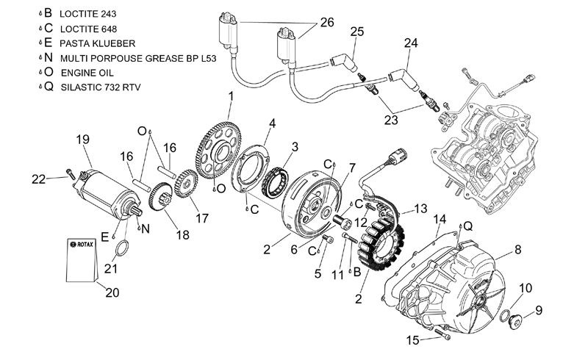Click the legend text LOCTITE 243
click(88, 14)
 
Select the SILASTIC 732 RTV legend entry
click(101, 87)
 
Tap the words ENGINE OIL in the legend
click(87, 73)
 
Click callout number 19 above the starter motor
click(83, 140)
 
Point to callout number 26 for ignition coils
click(327, 23)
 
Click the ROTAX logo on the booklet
click(82, 245)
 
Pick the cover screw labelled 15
click(442, 334)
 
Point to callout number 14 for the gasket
click(440, 220)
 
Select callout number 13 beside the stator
click(420, 209)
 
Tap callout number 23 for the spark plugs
click(391, 120)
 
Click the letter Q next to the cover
click(468, 226)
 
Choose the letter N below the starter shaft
click(146, 228)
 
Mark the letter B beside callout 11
click(356, 272)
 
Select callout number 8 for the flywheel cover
click(518, 249)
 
